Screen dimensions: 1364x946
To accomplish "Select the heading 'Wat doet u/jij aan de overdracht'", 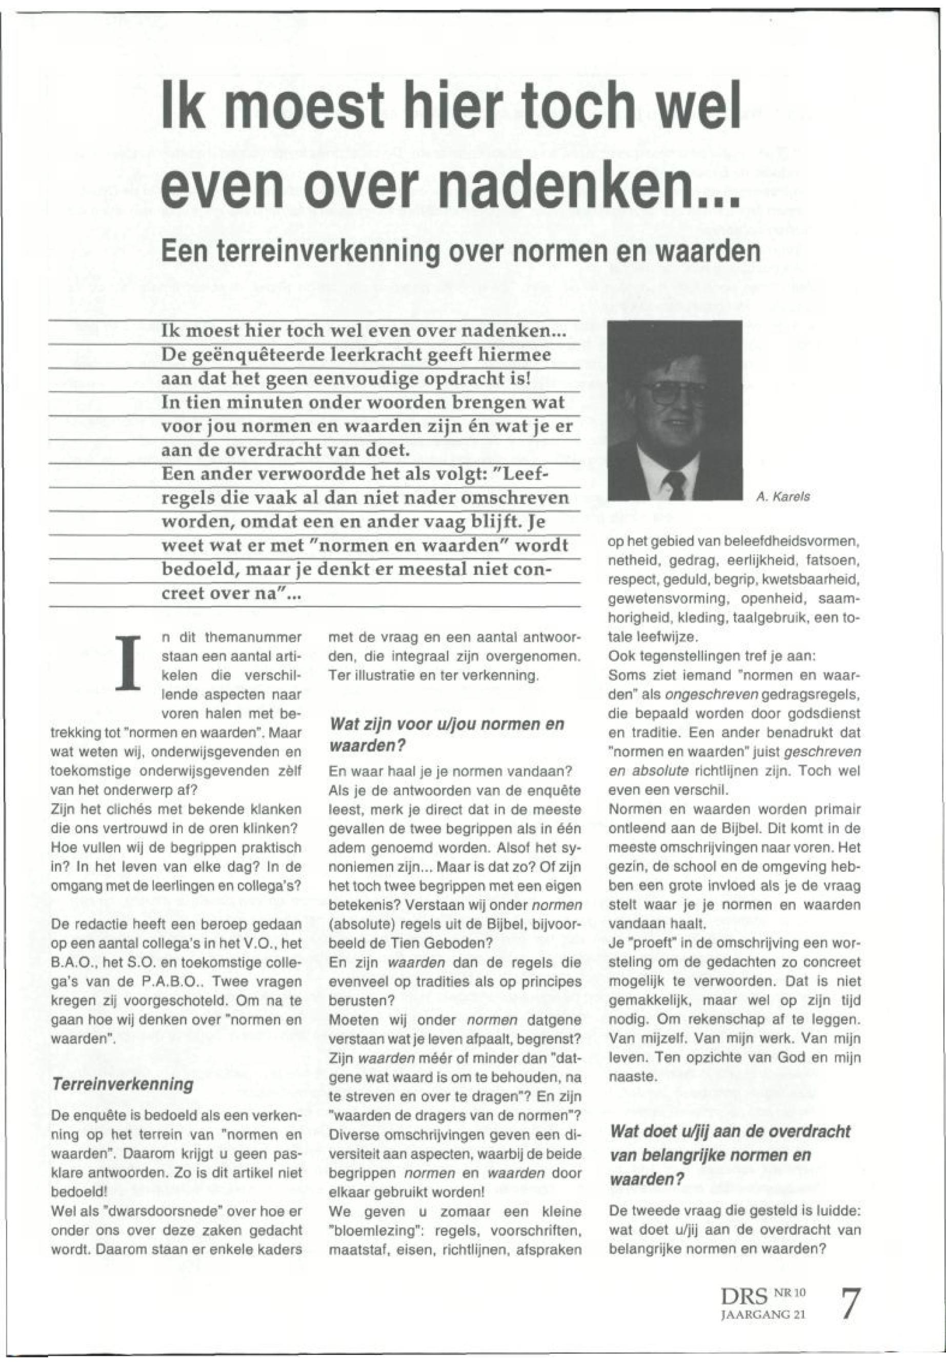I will pyautogui.click(x=729, y=1131).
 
